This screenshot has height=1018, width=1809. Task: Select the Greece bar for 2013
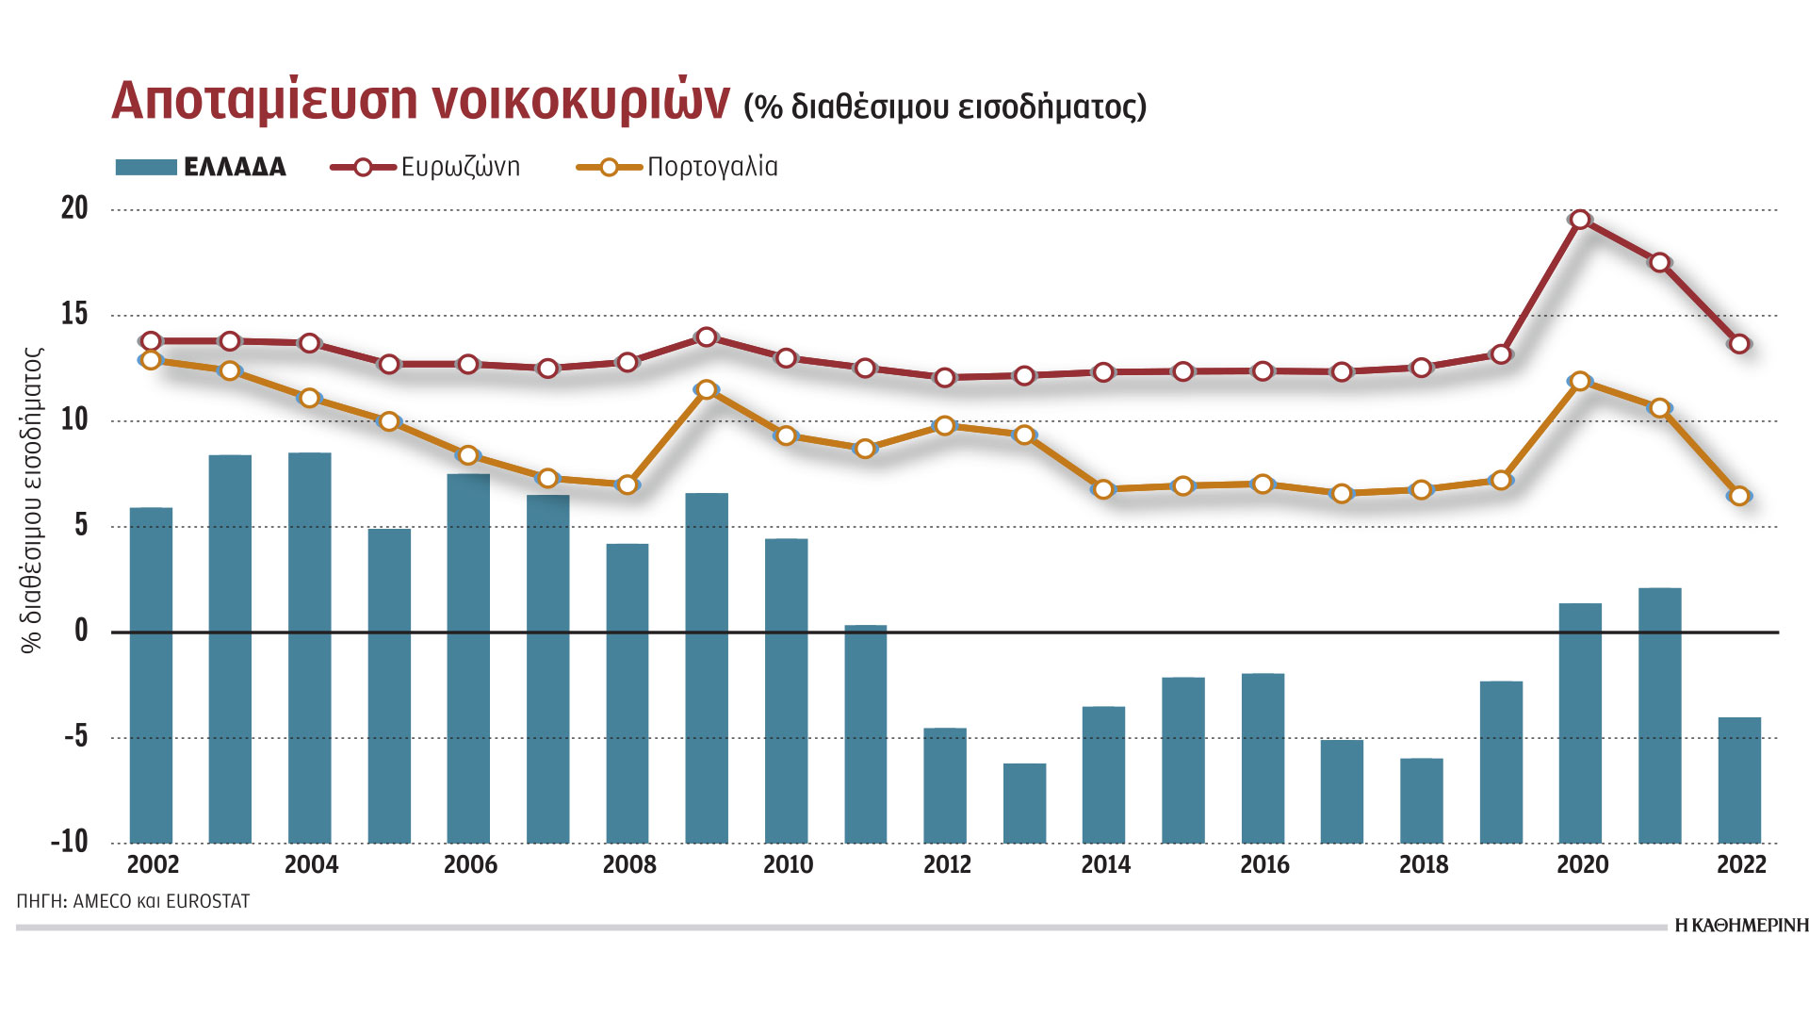point(1024,802)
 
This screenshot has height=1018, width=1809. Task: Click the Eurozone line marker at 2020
point(1580,220)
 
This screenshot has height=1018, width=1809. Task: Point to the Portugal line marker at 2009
point(707,389)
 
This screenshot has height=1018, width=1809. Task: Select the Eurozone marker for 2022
point(1739,344)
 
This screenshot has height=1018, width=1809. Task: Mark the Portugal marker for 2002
point(151,360)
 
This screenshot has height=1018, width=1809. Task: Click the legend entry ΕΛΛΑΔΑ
point(235,168)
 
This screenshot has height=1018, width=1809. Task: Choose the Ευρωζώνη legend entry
point(460,168)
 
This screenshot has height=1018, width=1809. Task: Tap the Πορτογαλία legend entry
point(712,168)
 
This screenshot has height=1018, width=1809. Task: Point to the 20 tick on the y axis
point(74,208)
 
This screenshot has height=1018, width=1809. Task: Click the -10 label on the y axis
point(69,841)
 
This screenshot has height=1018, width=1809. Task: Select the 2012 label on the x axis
point(947,865)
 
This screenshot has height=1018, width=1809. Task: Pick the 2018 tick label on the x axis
point(1424,865)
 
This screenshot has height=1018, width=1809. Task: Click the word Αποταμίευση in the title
point(264,99)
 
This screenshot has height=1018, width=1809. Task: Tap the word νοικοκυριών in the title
point(580,99)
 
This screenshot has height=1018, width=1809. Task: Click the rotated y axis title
point(32,500)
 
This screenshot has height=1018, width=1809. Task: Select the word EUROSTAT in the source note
point(207,902)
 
